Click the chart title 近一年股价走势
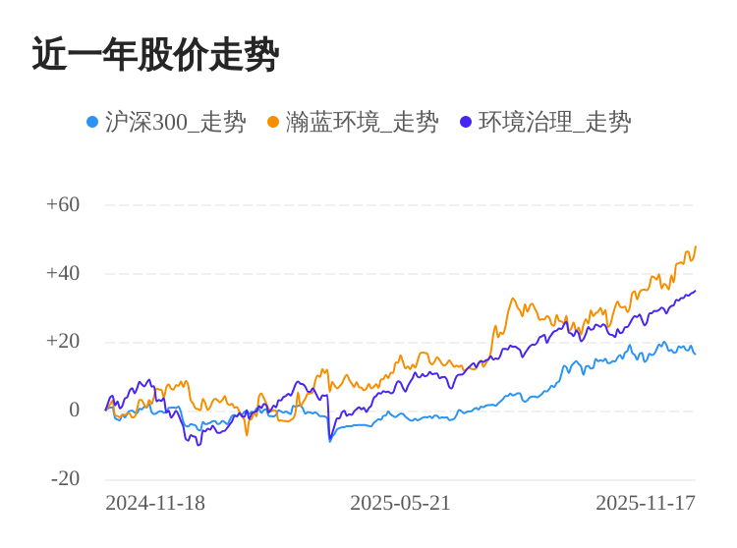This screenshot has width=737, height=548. pos(155,55)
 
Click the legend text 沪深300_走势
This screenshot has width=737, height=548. pos(176,122)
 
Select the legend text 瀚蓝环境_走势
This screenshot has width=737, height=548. pos(363,122)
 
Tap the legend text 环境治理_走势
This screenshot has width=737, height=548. pos(555,122)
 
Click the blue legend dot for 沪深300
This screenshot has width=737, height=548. pos(92,122)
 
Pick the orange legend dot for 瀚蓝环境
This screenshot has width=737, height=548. pos(273,122)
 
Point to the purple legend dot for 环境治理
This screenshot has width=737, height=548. pos(466,122)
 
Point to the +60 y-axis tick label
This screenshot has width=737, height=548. pos(63,204)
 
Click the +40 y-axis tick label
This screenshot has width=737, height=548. pos(63,273)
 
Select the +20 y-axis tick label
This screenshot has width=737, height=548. pos(63,342)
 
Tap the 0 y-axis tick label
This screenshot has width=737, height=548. pos(74,411)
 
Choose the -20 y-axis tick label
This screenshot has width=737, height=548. pos(66,479)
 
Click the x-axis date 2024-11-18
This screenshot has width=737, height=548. pos(155,503)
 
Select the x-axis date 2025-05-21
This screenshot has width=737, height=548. pos(400,503)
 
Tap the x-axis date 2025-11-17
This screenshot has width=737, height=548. pos(646,503)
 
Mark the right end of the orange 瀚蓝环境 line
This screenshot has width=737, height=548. pos(696,247)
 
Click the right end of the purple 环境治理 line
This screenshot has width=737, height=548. pos(696,291)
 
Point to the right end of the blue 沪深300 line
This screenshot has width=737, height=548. pos(695,354)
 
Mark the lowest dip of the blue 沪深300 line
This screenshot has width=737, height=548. pos(330,441)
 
